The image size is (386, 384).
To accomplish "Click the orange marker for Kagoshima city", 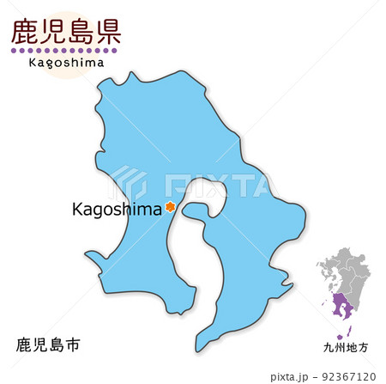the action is pyautogui.click(x=170, y=207).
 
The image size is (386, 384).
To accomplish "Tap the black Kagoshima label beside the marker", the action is pyautogui.click(x=118, y=208).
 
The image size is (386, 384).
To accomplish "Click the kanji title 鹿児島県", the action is pyautogui.click(x=65, y=32).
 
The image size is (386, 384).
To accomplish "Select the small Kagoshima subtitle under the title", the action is pyautogui.click(x=66, y=62).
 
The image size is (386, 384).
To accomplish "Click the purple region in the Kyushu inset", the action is pyautogui.click(x=343, y=306).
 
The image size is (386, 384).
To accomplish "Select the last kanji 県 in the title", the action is pyautogui.click(x=107, y=32).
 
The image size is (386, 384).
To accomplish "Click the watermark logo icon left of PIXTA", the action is pyautogui.click(x=130, y=182).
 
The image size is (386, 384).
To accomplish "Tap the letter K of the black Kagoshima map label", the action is pyautogui.click(x=79, y=208).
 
